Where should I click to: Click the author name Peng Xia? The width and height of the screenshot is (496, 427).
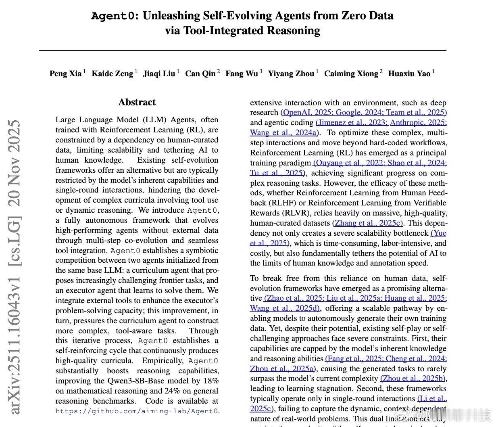65,73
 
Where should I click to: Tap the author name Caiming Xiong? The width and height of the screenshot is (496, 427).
351,73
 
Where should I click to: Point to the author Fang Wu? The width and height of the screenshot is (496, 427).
242,73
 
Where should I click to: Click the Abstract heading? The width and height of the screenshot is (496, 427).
137,103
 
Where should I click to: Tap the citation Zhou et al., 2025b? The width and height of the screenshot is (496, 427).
413,379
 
